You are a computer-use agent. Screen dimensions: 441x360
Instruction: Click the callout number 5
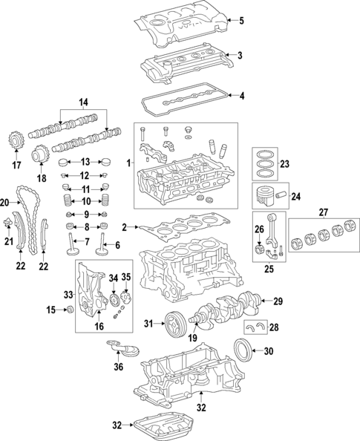240,20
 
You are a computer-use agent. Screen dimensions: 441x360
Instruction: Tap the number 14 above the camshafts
83,102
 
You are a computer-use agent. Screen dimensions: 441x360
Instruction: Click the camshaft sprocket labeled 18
42,157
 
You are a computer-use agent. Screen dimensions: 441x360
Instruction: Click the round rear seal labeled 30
243,350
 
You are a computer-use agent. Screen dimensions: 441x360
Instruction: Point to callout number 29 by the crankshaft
279,301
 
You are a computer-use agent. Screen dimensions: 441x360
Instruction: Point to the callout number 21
9,241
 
